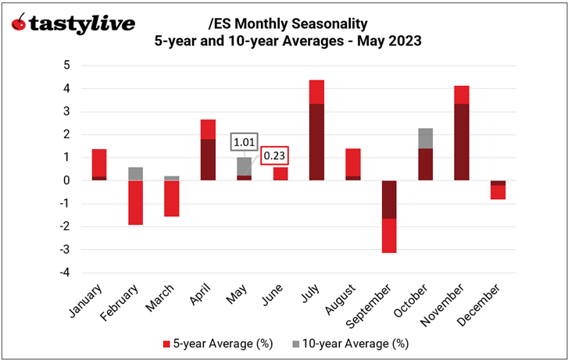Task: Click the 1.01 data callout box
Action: pyautogui.click(x=242, y=143)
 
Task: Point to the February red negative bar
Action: pyautogui.click(x=135, y=202)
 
